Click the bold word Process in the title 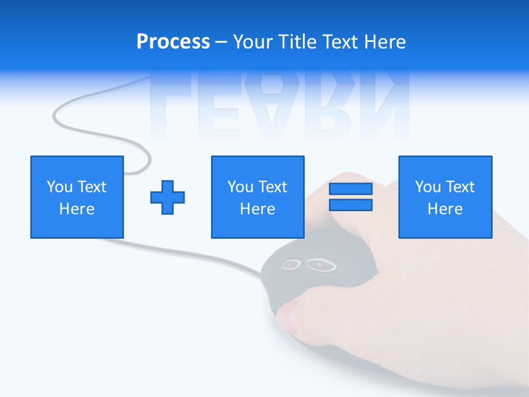point(173,42)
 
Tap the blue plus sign point(168,197)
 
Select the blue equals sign point(350,197)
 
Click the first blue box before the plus point(77,197)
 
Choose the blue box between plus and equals point(257,197)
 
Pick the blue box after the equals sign point(445,197)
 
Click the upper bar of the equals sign point(350,189)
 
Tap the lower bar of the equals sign point(350,205)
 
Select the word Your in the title point(252,42)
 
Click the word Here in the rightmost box point(445,209)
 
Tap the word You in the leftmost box point(60,187)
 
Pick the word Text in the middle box point(272,187)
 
